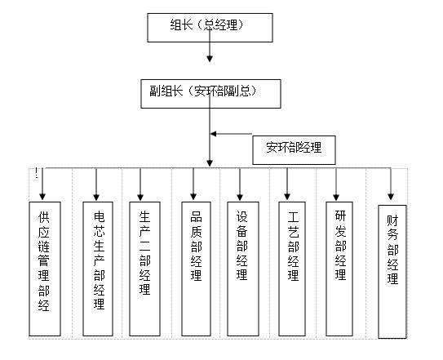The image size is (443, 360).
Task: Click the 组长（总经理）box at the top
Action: tap(210, 28)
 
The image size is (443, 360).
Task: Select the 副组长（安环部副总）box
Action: tap(210, 94)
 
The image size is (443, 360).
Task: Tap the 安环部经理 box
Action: tap(294, 150)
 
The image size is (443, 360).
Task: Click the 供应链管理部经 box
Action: tap(45, 269)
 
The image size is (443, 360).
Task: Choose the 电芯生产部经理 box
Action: tap(98, 269)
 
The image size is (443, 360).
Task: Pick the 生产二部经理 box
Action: tap(144, 269)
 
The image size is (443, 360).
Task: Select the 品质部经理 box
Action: tap(196, 269)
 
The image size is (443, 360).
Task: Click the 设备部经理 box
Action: tap(243, 269)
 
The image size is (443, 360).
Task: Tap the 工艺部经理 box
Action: tap(292, 269)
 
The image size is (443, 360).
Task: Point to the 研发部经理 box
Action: tap(339, 269)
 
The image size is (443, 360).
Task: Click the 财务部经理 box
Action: tap(392, 272)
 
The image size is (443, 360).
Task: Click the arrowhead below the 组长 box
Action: tap(210, 58)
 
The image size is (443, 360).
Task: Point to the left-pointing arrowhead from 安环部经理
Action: tap(214, 134)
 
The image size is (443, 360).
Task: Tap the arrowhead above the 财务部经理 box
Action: tap(391, 197)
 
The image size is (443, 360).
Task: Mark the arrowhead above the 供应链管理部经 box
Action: tap(42, 197)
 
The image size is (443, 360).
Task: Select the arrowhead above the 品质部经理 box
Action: tap(193, 197)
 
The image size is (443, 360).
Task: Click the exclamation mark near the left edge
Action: tap(36, 172)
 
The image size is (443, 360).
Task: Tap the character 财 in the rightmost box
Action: tap(392, 221)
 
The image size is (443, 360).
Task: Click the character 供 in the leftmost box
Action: tap(44, 216)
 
